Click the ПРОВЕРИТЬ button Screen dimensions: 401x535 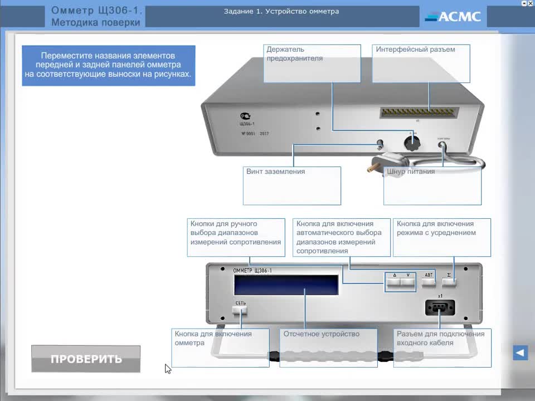coord(86,359)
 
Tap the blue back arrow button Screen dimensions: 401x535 coord(520,353)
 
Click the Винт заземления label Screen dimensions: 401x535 coord(276,172)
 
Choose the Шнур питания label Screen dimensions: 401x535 coord(411,172)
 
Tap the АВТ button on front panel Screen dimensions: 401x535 coord(429,282)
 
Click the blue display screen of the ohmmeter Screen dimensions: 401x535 coord(286,285)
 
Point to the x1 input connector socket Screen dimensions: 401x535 coord(440,307)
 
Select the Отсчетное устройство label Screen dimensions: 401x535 coord(322,334)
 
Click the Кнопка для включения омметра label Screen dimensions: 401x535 coord(213,339)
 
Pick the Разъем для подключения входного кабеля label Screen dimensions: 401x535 coord(440,339)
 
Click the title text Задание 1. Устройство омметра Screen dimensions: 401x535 coord(281,11)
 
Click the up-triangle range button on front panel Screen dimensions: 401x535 coord(394,282)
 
